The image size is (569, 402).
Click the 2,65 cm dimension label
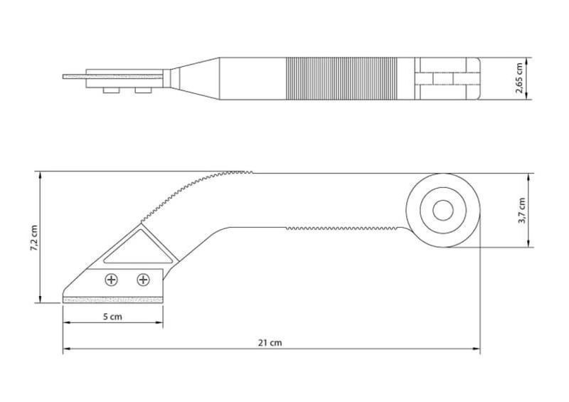(x=519, y=78)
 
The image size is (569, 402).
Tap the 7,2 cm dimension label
(x=33, y=238)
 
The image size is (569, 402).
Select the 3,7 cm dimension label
(x=521, y=211)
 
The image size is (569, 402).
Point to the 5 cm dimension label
(x=112, y=317)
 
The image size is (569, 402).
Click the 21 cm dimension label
(x=270, y=342)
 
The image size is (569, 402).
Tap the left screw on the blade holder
(x=112, y=280)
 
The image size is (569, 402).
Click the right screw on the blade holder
(x=144, y=280)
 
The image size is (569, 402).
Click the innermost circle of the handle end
(x=443, y=211)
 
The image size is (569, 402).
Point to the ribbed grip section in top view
(x=341, y=78)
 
